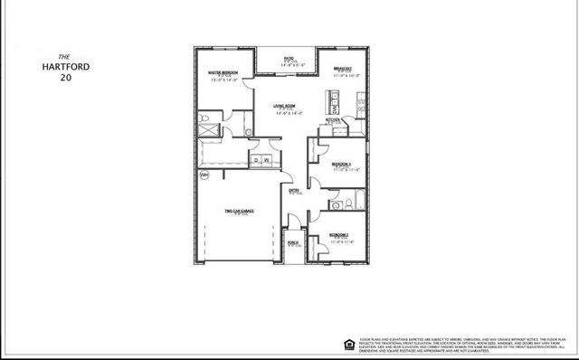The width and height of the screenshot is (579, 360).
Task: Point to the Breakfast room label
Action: [x=342, y=69]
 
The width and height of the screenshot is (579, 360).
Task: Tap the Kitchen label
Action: [x=333, y=119]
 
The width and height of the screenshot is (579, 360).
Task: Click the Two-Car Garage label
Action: [x=239, y=212]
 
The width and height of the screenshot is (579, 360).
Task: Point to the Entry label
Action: [x=294, y=190]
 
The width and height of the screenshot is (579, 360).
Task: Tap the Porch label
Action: [x=293, y=242]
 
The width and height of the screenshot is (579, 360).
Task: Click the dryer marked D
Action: [x=257, y=160]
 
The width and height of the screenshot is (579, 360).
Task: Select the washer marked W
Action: [x=268, y=160]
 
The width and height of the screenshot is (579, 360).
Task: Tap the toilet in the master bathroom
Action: [x=204, y=118]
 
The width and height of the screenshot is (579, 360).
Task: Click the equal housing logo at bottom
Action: [x=349, y=340]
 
